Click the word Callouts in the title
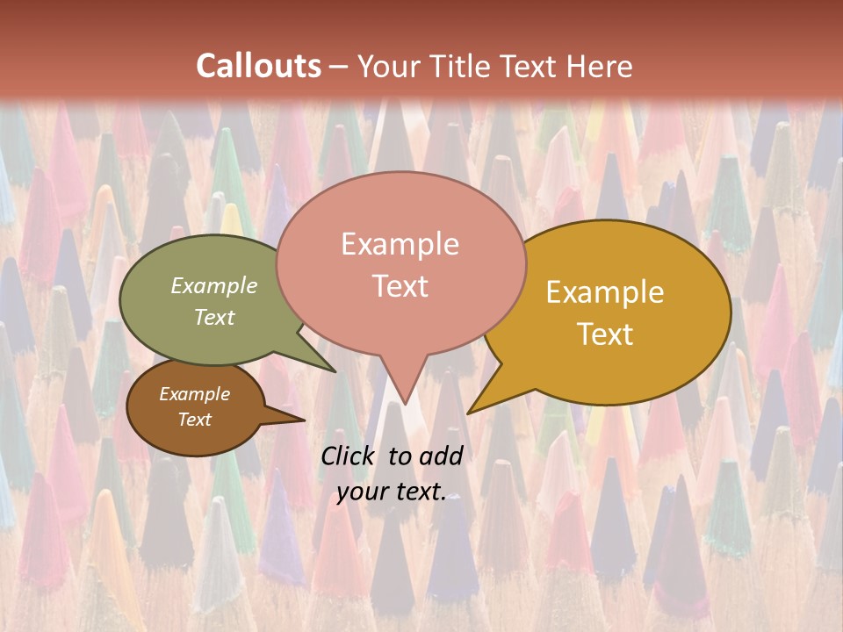coord(258,66)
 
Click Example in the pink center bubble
coord(400,244)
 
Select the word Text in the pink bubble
coord(400,286)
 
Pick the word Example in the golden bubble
coord(605,292)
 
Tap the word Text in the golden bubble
coord(605,334)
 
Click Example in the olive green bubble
coord(214,286)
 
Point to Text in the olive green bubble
coord(214,317)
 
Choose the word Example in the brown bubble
coord(194,394)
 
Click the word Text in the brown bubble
coord(194,420)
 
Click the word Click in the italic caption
coord(349,456)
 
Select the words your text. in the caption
coord(392,492)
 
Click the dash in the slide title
coord(339,67)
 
